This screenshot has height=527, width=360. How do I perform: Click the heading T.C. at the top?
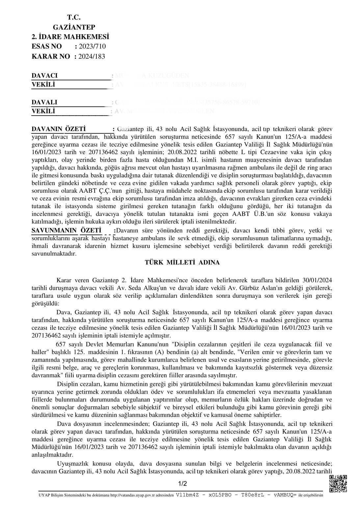(74, 17)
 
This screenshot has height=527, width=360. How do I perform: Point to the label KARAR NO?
(51, 56)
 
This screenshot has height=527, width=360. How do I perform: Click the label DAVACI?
(44, 75)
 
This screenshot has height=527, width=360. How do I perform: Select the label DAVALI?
(44, 102)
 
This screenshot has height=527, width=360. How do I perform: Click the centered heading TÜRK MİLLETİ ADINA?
(182, 263)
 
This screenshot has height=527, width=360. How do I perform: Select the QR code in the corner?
(338, 484)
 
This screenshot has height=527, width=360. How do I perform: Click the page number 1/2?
(182, 484)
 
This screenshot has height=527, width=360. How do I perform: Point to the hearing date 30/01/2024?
(317, 280)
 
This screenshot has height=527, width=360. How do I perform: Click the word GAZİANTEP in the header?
(74, 27)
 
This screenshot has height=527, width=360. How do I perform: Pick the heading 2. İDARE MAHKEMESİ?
(70, 37)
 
